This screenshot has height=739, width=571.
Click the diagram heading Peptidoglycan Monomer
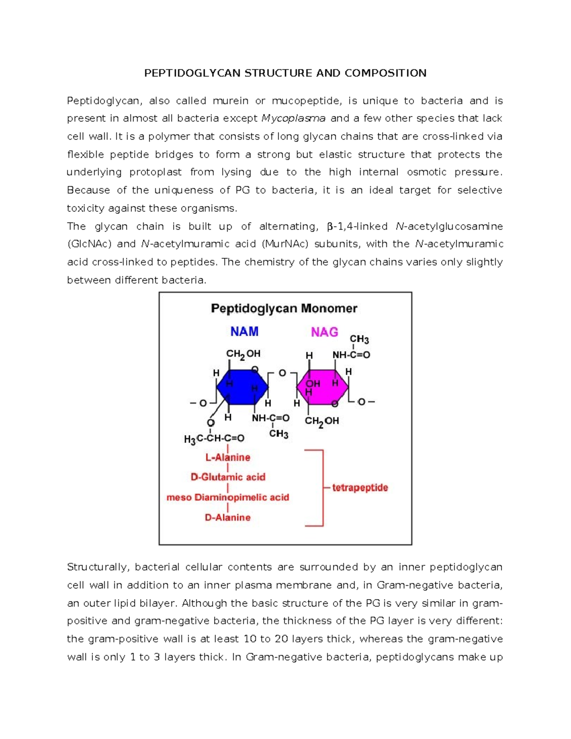pyautogui.click(x=284, y=308)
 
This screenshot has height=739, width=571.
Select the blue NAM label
pyautogui.click(x=244, y=332)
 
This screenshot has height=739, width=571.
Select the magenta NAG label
pyautogui.click(x=325, y=332)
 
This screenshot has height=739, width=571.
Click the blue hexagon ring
pyautogui.click(x=242, y=387)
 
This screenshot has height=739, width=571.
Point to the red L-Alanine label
pyautogui.click(x=227, y=457)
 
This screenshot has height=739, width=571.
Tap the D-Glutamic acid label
pyautogui.click(x=228, y=477)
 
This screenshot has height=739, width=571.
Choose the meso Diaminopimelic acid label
pyautogui.click(x=227, y=497)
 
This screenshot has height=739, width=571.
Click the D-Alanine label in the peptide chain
pyautogui.click(x=227, y=517)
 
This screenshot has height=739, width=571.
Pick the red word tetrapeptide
pyautogui.click(x=360, y=488)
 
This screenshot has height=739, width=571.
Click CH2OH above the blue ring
pyautogui.click(x=243, y=354)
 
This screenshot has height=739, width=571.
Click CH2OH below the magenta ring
pyautogui.click(x=322, y=421)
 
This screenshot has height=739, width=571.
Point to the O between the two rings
pyautogui.click(x=282, y=373)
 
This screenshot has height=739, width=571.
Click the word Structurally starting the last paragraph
pyautogui.click(x=98, y=567)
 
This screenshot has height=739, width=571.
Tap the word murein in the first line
pyautogui.click(x=230, y=101)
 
